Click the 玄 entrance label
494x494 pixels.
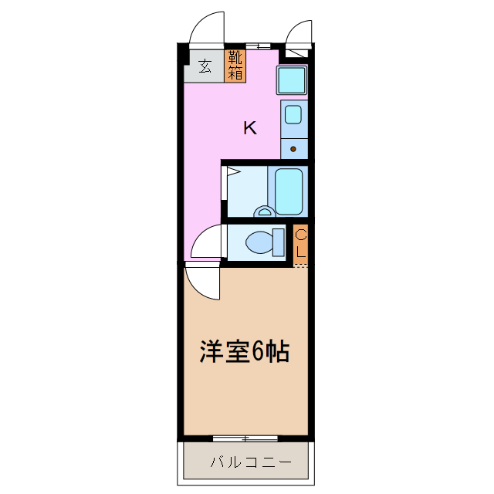[205, 66]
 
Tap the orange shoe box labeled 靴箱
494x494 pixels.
[235, 66]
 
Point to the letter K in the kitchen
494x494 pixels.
[249, 128]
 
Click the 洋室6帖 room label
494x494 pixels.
[245, 352]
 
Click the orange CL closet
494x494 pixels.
[301, 244]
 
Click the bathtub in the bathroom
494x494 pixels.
[291, 191]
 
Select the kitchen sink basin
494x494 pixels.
[293, 115]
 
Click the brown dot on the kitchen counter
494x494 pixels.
[293, 148]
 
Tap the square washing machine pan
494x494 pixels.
[293, 80]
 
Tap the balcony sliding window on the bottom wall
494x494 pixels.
[245, 438]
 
